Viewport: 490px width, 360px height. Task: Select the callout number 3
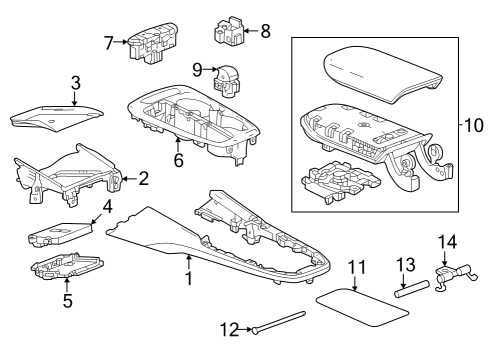pyautogui.click(x=75, y=82)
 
